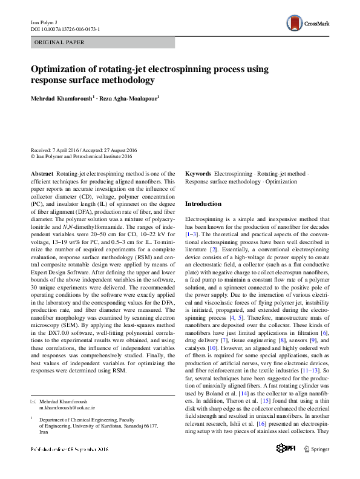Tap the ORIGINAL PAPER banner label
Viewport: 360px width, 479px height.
59,42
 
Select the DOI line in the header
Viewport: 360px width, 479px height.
65,29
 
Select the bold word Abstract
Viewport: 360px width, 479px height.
42,173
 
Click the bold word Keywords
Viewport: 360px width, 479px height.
198,173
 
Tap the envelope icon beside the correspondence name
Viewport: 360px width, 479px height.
33,401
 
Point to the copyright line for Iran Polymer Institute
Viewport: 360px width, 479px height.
81,156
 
